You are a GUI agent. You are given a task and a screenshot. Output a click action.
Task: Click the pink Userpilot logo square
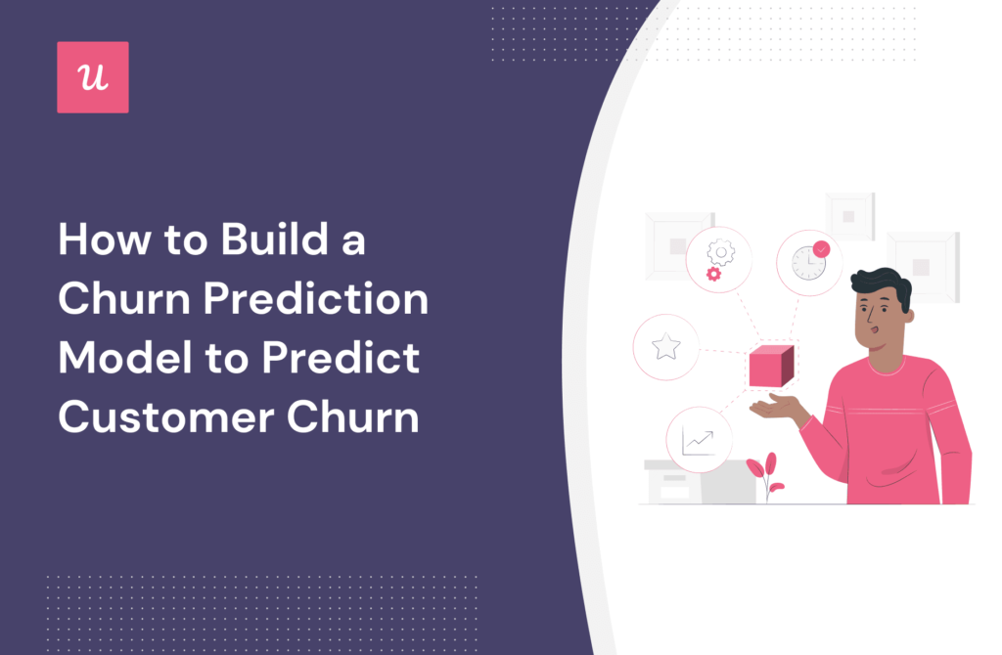93,77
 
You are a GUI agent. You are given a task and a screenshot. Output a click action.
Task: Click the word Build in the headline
275,240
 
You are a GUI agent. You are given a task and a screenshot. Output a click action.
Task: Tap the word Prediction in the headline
316,298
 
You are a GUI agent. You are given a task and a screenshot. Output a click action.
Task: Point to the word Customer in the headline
166,416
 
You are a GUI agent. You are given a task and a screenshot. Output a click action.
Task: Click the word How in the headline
104,240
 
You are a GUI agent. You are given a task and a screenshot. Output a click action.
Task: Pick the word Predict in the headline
340,357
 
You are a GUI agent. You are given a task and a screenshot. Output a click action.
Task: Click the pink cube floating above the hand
771,366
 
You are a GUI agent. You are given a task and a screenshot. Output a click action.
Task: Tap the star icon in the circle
665,347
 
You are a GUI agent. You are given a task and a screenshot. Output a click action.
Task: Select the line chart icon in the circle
698,441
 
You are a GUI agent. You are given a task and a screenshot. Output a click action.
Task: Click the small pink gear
713,274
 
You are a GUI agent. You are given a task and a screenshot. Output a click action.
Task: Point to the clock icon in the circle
808,263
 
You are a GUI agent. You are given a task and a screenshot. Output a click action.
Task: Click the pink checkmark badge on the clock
821,249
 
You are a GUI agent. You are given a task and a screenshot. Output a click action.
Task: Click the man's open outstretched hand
776,407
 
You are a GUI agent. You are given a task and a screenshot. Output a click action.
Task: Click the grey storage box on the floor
701,482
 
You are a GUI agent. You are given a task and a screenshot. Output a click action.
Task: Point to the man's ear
907,316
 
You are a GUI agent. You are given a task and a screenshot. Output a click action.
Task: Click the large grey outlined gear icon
721,252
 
